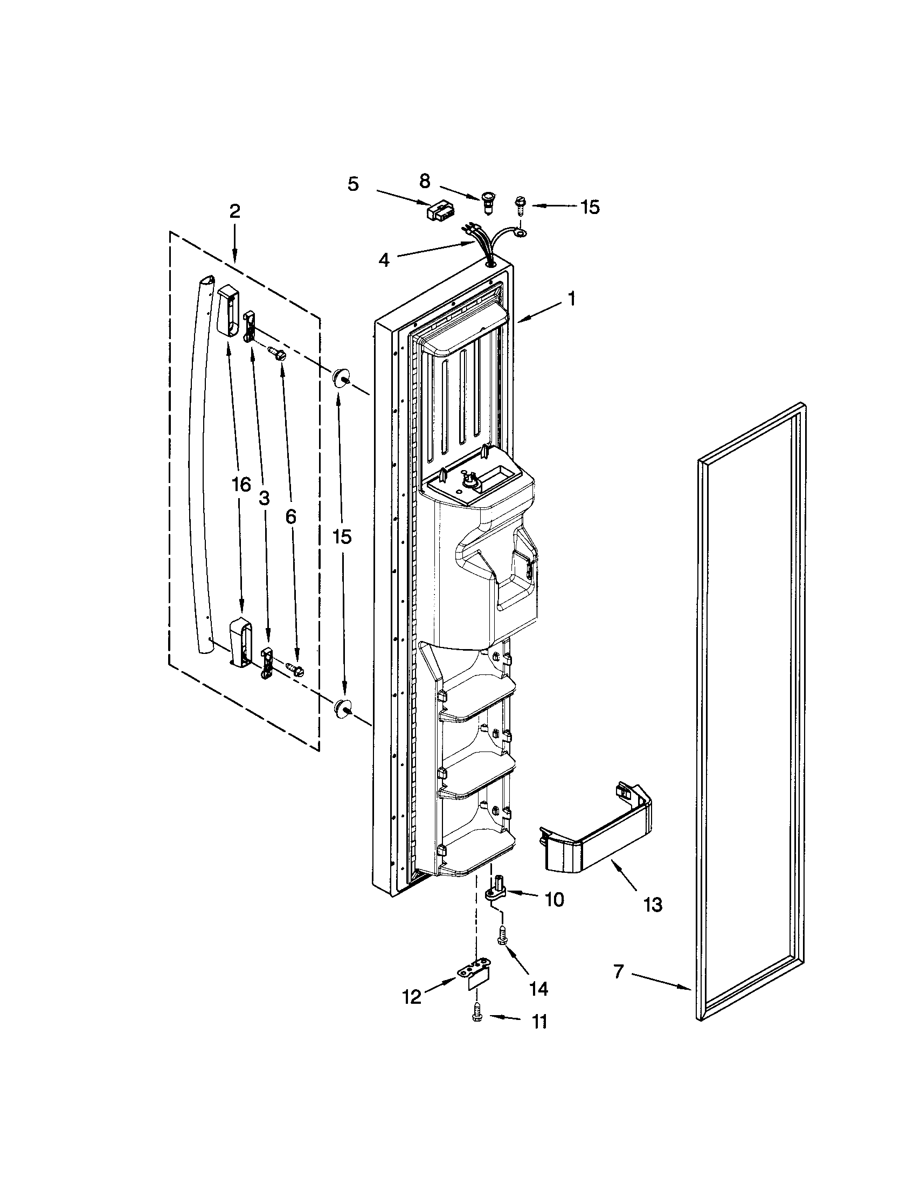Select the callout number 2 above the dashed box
(234, 212)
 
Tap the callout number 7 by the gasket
(619, 971)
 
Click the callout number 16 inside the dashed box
(241, 484)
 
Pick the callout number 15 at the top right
(590, 207)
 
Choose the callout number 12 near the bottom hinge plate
(412, 996)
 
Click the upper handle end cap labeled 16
(228, 313)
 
